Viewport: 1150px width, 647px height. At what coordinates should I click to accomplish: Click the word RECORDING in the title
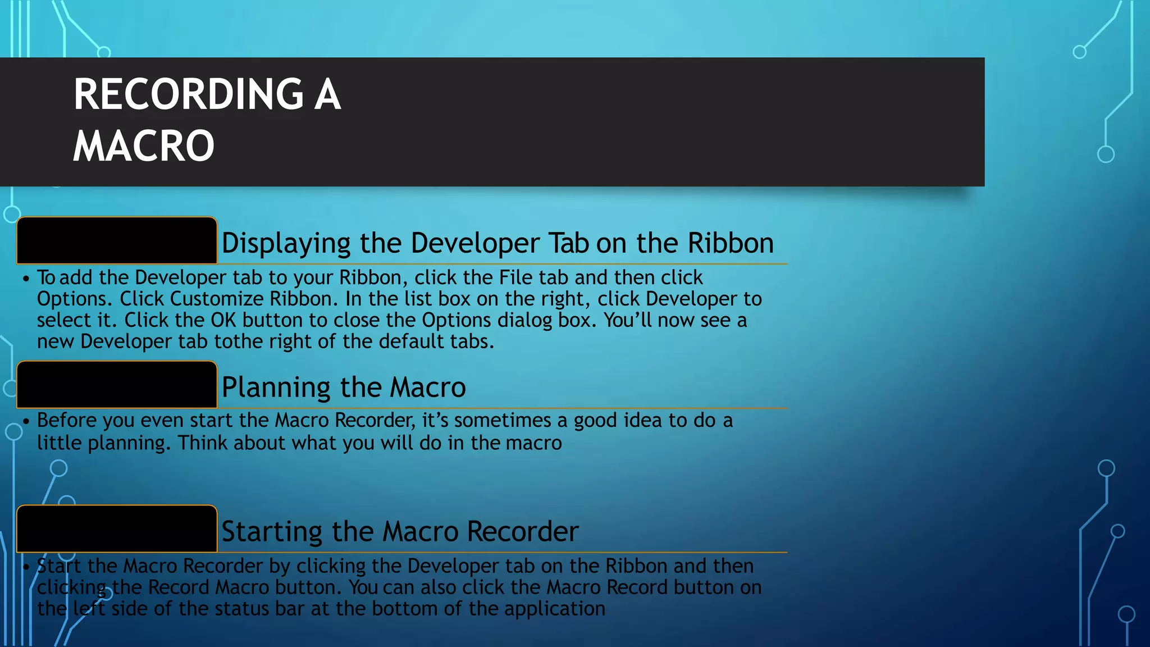[189, 94]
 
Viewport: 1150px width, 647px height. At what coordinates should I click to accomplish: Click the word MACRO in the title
[144, 146]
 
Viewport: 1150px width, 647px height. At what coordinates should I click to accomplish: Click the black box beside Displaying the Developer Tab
[117, 240]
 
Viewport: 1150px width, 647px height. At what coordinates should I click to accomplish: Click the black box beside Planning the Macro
[117, 385]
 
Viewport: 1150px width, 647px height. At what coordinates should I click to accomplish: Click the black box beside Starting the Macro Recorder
[117, 529]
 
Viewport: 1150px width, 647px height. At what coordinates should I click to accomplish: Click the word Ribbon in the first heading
[731, 243]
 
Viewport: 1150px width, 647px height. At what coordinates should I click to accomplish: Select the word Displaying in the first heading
[286, 244]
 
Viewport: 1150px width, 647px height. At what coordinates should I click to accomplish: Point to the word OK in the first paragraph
[223, 320]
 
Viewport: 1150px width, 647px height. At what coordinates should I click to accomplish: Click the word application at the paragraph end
[554, 609]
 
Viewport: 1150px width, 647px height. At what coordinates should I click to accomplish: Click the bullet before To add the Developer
[26, 279]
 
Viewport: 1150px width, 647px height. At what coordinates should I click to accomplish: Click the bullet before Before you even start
[26, 421]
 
